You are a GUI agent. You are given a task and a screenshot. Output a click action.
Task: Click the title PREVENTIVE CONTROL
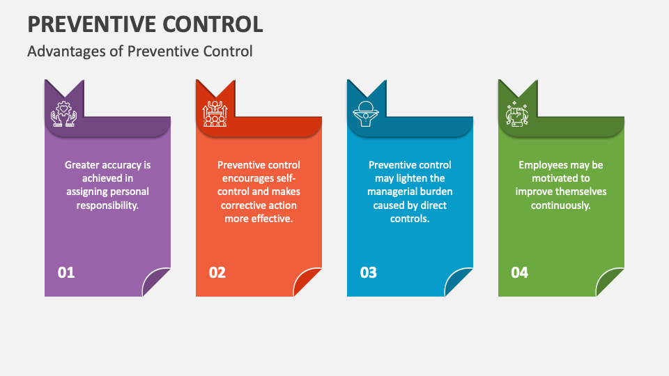click(x=145, y=24)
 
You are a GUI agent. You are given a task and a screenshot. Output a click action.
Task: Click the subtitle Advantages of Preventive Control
click(x=140, y=52)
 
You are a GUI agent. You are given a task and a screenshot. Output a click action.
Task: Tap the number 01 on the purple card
click(x=66, y=272)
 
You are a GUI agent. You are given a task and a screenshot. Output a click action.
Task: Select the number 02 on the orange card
click(x=217, y=272)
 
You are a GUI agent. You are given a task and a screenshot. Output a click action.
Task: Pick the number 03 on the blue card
click(x=368, y=272)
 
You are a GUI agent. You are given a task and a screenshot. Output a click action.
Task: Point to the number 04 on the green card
click(x=519, y=272)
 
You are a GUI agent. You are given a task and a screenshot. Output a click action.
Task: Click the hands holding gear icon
click(x=63, y=113)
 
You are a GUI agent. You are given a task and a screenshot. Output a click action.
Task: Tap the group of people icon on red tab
click(x=215, y=113)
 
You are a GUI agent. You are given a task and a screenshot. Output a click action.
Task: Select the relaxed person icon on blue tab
click(x=366, y=113)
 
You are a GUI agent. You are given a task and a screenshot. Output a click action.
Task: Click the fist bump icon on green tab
click(x=516, y=114)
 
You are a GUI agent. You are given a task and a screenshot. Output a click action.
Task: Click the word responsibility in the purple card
click(x=107, y=205)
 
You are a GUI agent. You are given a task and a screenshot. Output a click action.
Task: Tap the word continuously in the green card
click(x=560, y=205)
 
